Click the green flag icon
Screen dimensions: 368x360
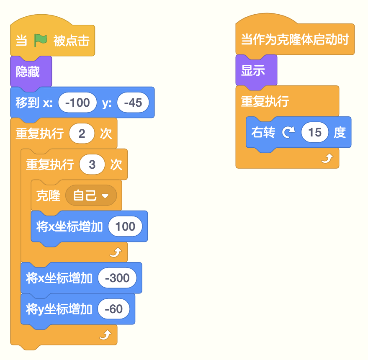40,40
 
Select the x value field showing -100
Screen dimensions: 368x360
77,103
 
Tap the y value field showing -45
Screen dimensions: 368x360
133,103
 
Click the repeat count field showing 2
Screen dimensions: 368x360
82,134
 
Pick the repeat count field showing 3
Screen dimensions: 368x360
92,165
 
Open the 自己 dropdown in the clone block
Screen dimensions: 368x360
91,195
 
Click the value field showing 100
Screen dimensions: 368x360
125,226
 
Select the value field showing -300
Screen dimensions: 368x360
117,278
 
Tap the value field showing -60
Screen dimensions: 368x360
113,309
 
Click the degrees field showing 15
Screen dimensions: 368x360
315,132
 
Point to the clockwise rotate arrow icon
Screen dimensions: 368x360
288,132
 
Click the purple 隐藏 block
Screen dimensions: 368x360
31,71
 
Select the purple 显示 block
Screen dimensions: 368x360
256,70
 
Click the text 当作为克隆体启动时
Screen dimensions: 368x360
295,39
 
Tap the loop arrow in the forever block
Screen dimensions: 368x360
327,158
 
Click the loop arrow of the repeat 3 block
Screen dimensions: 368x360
116,252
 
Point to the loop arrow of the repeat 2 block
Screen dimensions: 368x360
105,335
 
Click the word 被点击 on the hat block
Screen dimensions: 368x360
71,41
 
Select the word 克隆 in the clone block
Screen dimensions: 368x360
48,195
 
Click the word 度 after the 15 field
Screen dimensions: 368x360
340,132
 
